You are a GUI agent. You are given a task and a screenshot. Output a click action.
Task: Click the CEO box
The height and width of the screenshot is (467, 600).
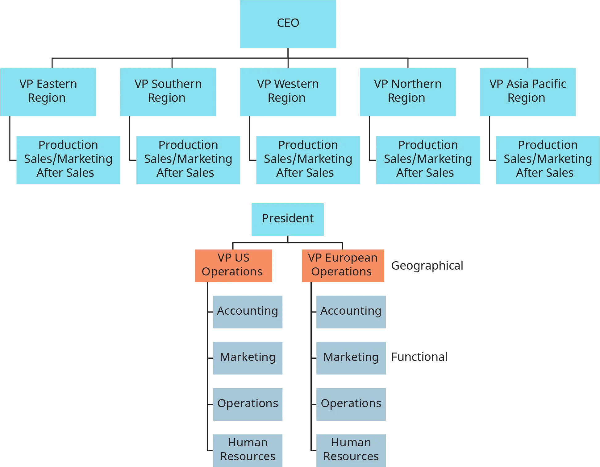click(x=288, y=24)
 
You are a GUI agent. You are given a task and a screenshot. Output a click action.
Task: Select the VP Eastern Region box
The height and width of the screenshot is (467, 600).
click(x=48, y=92)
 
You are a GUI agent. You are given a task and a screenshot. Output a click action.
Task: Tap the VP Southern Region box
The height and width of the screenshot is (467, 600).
click(x=168, y=92)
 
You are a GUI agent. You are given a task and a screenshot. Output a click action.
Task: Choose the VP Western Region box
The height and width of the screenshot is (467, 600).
click(x=288, y=92)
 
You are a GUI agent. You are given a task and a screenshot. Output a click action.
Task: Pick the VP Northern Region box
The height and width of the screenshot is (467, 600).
click(x=407, y=92)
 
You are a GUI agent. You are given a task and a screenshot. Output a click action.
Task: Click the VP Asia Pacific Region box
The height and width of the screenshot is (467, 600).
click(x=528, y=92)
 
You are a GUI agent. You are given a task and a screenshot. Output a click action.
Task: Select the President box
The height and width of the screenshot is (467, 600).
click(x=287, y=219)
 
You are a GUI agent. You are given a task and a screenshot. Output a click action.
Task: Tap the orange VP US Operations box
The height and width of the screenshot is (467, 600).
click(x=234, y=266)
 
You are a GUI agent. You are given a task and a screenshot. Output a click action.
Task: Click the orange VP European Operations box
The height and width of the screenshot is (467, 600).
click(x=343, y=266)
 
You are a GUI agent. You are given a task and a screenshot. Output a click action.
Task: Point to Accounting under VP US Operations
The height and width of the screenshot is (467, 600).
click(x=248, y=312)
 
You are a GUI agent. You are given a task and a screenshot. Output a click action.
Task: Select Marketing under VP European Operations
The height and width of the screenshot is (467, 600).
click(x=351, y=357)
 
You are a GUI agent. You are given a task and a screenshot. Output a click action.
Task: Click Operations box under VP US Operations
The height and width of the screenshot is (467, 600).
click(x=248, y=404)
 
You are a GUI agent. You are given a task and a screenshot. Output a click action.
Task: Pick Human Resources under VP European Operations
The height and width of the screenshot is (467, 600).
click(x=351, y=450)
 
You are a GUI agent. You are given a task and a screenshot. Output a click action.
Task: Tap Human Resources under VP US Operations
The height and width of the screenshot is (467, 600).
click(x=248, y=450)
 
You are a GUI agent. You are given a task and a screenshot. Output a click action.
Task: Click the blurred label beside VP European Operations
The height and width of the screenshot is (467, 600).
click(x=427, y=266)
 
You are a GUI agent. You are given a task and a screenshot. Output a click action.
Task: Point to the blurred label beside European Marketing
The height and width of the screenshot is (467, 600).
click(x=418, y=357)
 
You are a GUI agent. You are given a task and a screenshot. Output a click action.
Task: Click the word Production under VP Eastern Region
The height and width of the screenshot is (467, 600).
click(x=68, y=145)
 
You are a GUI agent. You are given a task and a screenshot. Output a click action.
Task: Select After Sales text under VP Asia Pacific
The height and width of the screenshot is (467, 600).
click(x=545, y=173)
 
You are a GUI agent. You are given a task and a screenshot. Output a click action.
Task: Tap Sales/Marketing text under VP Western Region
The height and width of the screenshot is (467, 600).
click(x=308, y=159)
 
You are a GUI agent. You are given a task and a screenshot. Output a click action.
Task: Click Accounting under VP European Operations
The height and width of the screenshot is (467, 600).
click(x=351, y=312)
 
